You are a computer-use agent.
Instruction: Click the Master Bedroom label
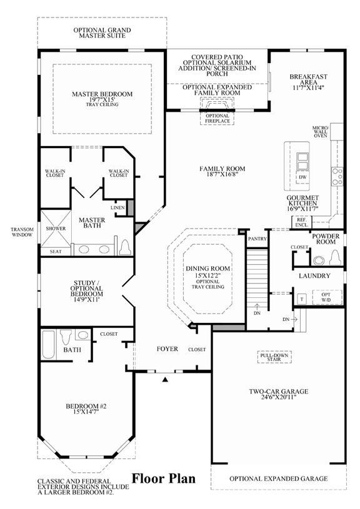point(102,94)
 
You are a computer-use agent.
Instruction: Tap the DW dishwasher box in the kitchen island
point(302,177)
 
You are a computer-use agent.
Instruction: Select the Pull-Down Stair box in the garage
point(274,357)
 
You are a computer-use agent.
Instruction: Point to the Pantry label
point(257,239)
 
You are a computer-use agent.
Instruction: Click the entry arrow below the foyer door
point(166,379)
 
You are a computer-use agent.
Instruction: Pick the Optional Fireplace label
point(217,119)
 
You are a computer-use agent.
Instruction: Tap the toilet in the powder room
point(334,259)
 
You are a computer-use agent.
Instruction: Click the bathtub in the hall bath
point(49,344)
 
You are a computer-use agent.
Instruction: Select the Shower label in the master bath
point(56,229)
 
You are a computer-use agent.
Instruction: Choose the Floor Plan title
point(164,478)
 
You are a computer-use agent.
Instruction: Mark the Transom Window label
point(22,232)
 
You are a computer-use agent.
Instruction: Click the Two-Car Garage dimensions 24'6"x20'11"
point(279,397)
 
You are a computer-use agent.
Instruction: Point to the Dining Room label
point(208,269)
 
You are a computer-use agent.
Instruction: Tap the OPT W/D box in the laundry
point(326,297)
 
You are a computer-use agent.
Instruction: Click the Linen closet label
point(117,208)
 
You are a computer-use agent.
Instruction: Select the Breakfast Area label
point(308,79)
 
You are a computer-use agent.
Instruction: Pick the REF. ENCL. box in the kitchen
point(301,222)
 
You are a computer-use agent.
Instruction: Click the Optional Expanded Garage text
point(279,479)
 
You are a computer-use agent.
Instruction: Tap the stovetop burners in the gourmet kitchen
point(337,176)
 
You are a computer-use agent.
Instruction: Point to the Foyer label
point(167,349)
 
